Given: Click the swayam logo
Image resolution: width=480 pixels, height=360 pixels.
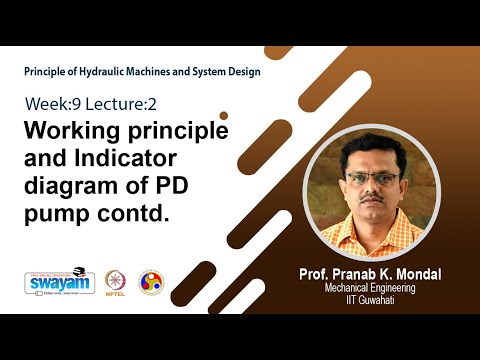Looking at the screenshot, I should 59,282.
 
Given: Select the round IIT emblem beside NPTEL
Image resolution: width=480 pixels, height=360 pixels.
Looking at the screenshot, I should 150,282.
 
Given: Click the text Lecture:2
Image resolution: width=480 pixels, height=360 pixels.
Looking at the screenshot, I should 116,105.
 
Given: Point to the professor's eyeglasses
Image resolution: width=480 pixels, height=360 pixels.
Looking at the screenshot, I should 372,178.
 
